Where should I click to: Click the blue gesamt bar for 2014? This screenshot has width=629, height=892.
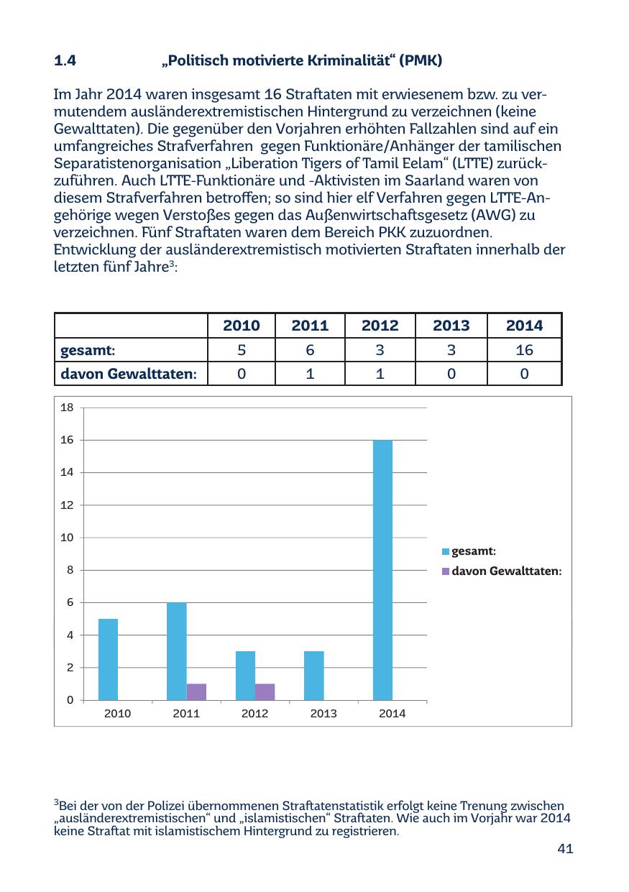[382, 569]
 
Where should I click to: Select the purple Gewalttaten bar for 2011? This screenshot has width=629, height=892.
[196, 691]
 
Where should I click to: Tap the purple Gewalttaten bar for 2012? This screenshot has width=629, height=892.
[265, 691]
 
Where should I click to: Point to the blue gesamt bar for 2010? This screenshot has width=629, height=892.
[108, 659]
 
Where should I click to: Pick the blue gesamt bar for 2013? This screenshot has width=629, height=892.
[314, 675]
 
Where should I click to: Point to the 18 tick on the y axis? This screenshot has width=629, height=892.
[68, 408]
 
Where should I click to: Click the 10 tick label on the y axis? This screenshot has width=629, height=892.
[68, 538]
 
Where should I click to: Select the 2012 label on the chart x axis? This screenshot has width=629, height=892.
[255, 714]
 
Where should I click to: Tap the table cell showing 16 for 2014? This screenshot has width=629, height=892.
[524, 350]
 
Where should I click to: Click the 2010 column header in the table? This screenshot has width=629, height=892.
[242, 326]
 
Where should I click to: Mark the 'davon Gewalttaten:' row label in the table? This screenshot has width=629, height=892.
[129, 374]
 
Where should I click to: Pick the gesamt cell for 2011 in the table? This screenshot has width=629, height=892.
[310, 350]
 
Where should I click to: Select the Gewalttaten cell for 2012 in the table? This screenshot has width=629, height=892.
[380, 374]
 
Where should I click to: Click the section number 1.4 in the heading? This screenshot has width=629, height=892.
[65, 61]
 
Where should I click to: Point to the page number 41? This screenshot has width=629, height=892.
[565, 850]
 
